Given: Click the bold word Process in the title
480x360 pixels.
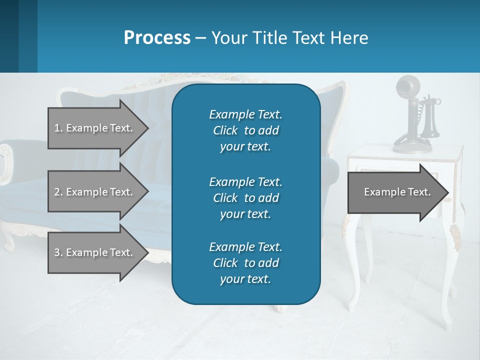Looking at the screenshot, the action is (x=157, y=38).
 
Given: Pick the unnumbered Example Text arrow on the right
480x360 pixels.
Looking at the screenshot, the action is (x=395, y=192).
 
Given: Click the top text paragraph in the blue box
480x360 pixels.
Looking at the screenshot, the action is (x=245, y=130).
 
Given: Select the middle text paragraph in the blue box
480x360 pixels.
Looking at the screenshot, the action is (x=245, y=197).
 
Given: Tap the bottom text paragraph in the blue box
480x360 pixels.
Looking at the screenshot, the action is (x=245, y=263).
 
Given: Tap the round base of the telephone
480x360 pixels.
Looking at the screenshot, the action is (x=412, y=146).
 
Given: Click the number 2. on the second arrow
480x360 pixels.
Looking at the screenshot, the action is (x=58, y=192).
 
